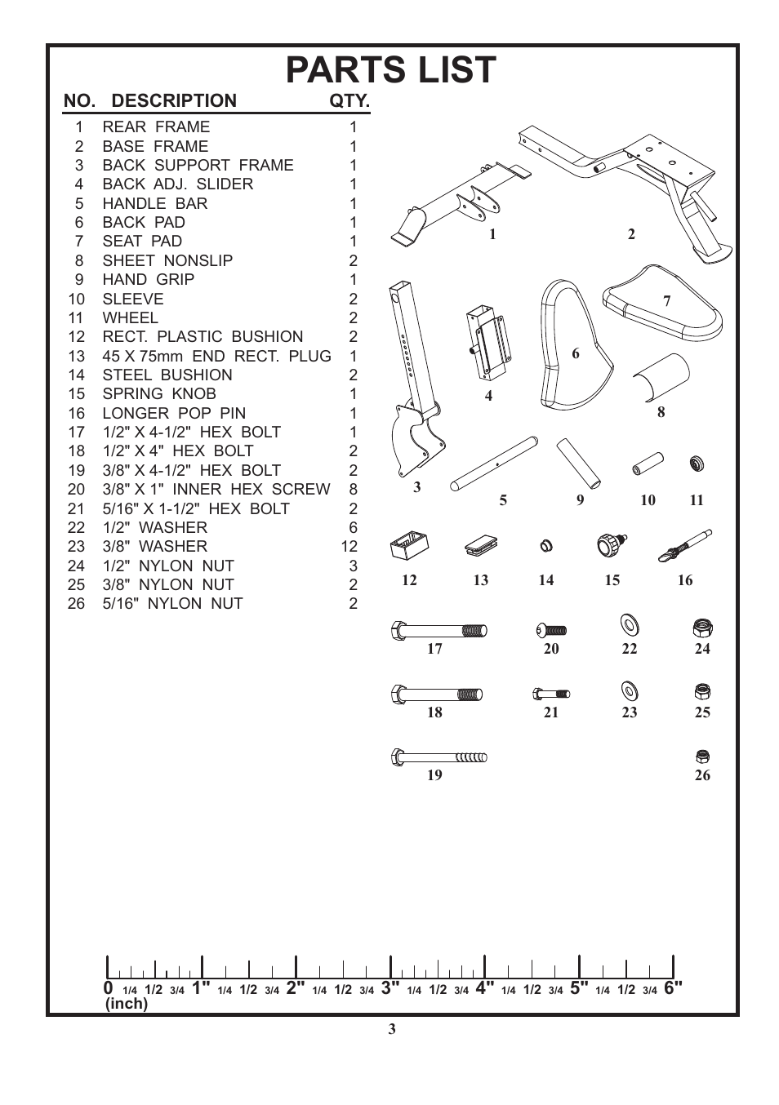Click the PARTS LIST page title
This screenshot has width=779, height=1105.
(x=391, y=70)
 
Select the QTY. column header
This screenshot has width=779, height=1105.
(x=349, y=101)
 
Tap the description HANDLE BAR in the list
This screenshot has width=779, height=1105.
(x=155, y=203)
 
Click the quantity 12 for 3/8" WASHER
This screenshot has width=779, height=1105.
(x=349, y=547)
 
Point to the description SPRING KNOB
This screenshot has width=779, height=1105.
(x=159, y=394)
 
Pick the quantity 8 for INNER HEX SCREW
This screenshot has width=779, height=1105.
(x=354, y=490)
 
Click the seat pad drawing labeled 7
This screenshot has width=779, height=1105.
(x=661, y=304)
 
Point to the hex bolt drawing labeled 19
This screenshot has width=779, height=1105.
(x=439, y=757)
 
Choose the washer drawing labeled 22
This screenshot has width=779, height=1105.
(x=630, y=626)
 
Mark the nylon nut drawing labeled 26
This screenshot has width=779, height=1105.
(x=702, y=757)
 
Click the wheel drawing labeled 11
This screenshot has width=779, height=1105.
(x=697, y=464)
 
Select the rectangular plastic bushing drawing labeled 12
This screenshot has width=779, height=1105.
(x=409, y=545)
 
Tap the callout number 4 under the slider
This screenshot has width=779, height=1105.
(x=488, y=397)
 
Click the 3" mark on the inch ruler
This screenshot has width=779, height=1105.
(x=390, y=988)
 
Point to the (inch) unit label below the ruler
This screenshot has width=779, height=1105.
(x=127, y=1004)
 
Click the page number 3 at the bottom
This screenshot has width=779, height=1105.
(x=392, y=1029)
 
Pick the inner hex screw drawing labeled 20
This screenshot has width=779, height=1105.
(x=551, y=630)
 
